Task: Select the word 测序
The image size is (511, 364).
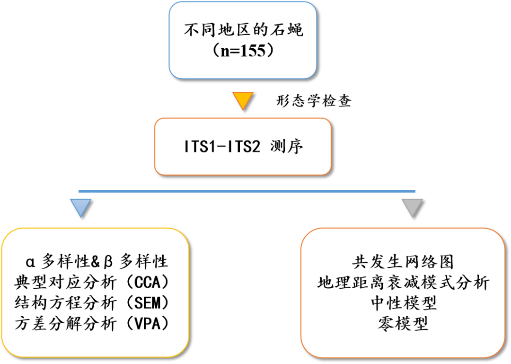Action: pyautogui.click(x=287, y=146)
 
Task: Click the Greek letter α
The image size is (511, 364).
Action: pyautogui.click(x=31, y=262)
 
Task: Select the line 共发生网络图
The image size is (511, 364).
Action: pyautogui.click(x=403, y=262)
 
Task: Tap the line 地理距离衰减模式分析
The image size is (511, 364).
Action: pyautogui.click(x=403, y=283)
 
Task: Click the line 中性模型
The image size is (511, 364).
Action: pyautogui.click(x=403, y=303)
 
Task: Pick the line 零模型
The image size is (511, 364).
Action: pyautogui.click(x=403, y=324)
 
